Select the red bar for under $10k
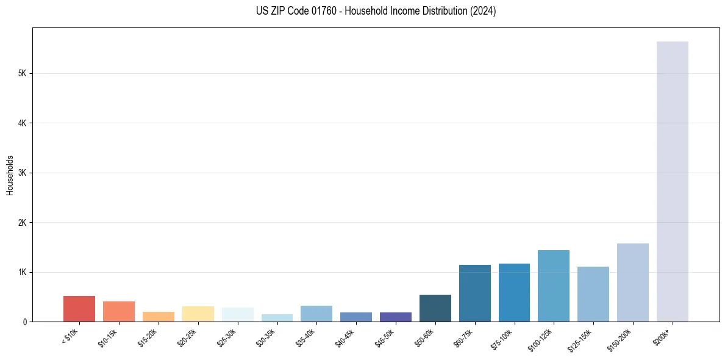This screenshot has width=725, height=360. point(79,309)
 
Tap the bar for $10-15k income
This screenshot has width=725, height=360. point(119,311)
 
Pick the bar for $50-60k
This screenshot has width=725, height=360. point(435,308)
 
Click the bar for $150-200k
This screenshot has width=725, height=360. point(632,283)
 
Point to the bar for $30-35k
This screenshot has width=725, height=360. point(277,318)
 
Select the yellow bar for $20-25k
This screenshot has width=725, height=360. point(198,314)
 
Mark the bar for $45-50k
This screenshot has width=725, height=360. point(395,317)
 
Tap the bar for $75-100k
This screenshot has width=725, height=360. point(514,292)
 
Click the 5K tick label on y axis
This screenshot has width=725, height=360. point(23,73)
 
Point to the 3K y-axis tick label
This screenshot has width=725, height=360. point(23,173)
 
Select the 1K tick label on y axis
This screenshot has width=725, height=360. point(23,272)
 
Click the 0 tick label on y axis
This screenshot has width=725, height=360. point(25,322)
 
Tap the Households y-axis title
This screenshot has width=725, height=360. point(10,175)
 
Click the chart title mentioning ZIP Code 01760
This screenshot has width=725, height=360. point(376,11)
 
